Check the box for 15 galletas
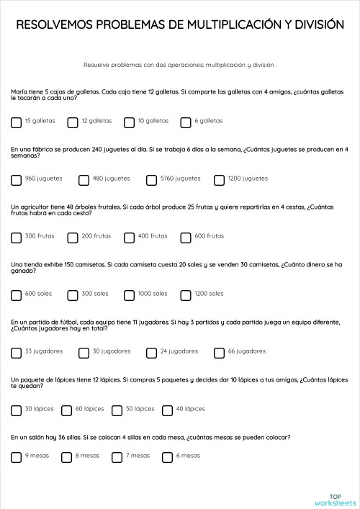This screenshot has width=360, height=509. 17,122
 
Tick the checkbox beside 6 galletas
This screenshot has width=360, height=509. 186,122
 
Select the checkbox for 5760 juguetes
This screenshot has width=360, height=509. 152,180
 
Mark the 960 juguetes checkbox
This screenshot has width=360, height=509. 17,180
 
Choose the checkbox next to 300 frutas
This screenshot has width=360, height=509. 17,238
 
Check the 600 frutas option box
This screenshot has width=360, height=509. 186,238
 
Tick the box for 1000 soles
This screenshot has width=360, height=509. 130,295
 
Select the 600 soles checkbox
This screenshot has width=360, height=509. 17,295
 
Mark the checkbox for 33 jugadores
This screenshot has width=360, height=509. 17,353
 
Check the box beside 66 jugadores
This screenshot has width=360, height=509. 220,353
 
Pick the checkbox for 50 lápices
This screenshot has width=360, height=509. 117,410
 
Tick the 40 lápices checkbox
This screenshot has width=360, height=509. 168,410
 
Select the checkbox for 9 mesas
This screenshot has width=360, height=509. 17,457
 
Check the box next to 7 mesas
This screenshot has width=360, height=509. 117,457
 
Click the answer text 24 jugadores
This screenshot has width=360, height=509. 179,351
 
